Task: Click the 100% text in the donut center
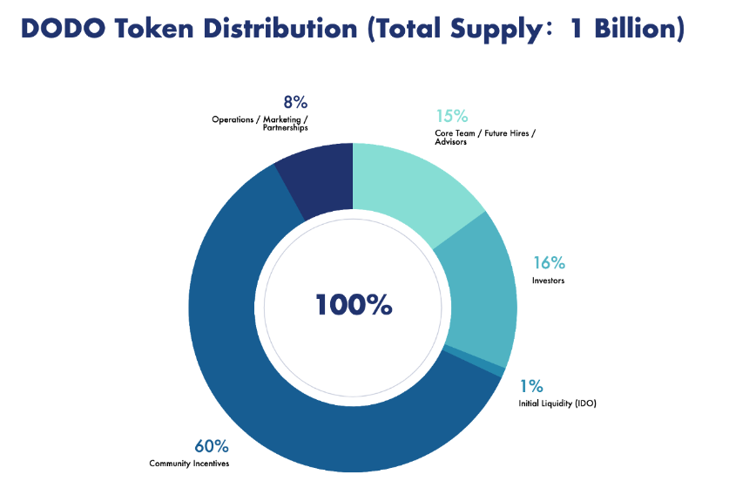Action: (354, 305)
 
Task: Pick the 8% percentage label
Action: (294, 102)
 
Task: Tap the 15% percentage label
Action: (452, 116)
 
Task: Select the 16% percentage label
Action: (550, 262)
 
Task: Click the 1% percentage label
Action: (532, 386)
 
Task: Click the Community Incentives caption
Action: (189, 464)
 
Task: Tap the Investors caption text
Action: (549, 281)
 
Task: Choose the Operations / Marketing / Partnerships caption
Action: (260, 123)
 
